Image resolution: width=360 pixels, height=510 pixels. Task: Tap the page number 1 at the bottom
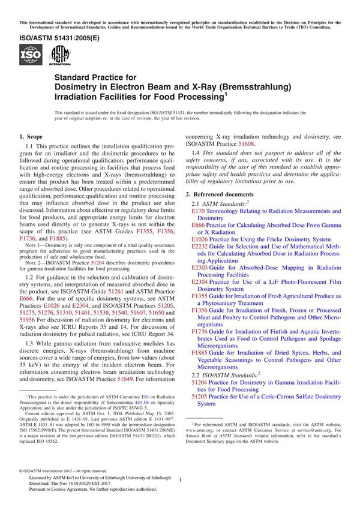point(180,480)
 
